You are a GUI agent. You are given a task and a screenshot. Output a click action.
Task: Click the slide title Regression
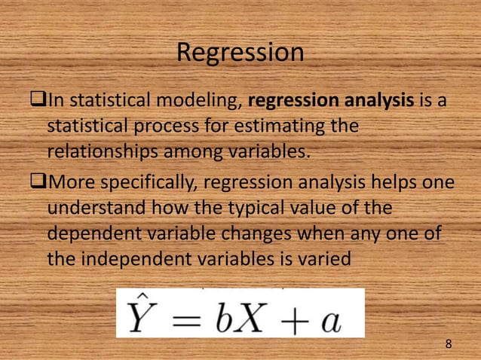click(240, 53)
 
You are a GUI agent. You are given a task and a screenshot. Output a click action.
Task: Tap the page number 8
click(449, 344)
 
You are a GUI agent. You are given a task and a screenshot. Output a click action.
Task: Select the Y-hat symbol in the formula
click(140, 316)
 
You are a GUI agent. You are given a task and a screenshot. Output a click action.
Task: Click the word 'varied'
click(323, 258)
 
